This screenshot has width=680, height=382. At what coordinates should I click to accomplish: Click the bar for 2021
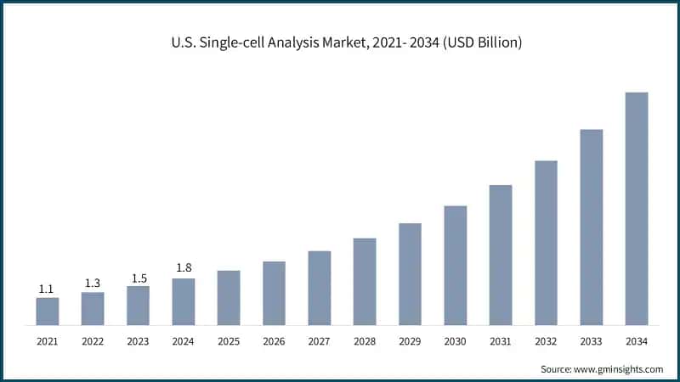click(x=48, y=311)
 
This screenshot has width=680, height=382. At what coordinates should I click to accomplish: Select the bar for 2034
click(x=637, y=208)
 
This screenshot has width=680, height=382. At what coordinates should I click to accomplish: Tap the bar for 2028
click(x=365, y=281)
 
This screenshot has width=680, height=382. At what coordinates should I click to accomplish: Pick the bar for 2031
click(x=501, y=255)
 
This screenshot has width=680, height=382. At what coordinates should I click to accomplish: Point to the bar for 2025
click(x=229, y=297)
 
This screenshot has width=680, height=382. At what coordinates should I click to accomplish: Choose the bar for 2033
click(x=592, y=227)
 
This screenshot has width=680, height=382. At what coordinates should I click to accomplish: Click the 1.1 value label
click(x=48, y=289)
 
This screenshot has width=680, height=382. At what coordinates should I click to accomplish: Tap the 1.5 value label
click(x=138, y=278)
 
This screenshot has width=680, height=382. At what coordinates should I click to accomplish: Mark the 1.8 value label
click(x=184, y=269)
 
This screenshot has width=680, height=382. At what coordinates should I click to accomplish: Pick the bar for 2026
click(x=274, y=293)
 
